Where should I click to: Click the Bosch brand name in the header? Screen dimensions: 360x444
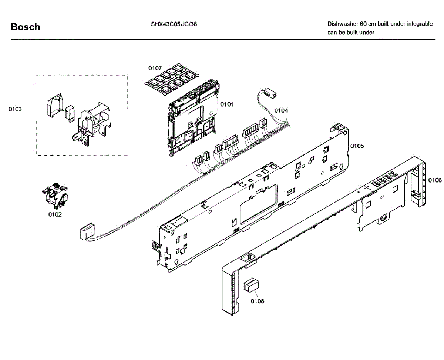26,27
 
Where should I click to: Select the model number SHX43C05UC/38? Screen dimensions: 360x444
174,24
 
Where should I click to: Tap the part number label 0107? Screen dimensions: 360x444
155,68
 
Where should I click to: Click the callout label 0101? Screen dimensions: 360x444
227,104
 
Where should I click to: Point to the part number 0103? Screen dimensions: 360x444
15,109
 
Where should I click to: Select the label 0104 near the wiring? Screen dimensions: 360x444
281,110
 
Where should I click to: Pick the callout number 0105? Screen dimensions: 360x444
357,146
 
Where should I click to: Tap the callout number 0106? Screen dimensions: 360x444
435,180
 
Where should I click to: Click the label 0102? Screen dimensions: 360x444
55,214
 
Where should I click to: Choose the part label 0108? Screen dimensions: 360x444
258,301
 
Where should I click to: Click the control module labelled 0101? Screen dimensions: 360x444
192,119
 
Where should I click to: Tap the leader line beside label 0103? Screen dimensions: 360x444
30,109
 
